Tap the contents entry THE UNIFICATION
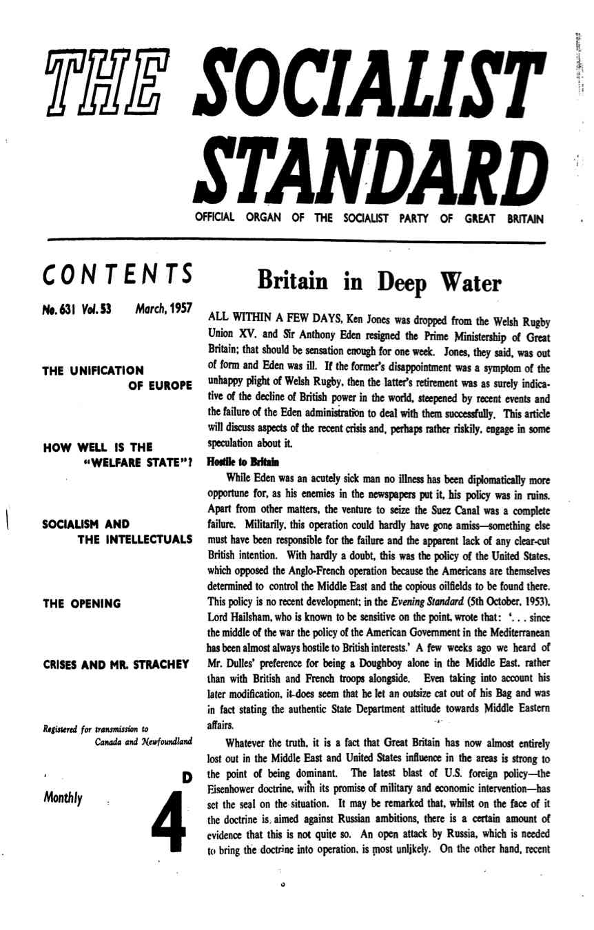tap(94, 371)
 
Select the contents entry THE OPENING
tap(82, 603)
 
